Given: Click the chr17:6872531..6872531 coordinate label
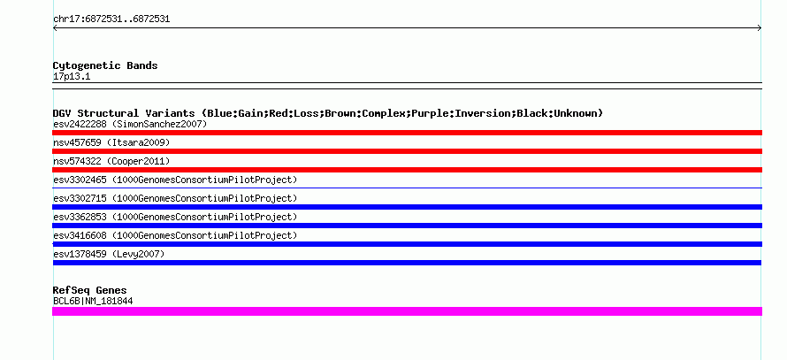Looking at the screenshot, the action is pos(111,19).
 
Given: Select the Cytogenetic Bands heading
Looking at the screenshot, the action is pos(105,65).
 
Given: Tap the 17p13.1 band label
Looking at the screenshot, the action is pos(72,77).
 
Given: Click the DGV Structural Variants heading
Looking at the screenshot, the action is pos(328,113).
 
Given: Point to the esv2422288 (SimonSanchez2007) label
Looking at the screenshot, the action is pos(130,124).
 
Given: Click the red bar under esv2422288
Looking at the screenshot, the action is pos(407,133).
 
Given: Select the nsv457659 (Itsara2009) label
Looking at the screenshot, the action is pos(111,142).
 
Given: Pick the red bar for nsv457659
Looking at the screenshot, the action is pos(407,151).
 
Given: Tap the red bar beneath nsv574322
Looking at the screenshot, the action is pos(407,170).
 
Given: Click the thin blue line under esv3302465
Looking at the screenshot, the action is pos(407,188).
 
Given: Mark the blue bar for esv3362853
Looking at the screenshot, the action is pos(407,226).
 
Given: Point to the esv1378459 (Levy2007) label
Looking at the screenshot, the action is pos(109,254).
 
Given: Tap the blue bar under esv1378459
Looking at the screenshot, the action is pos(407,263).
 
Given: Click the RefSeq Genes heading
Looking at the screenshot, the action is pos(90,290).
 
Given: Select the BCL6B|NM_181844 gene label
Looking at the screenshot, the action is pos(93,302).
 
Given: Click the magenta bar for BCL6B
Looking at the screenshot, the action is pos(407,311).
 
